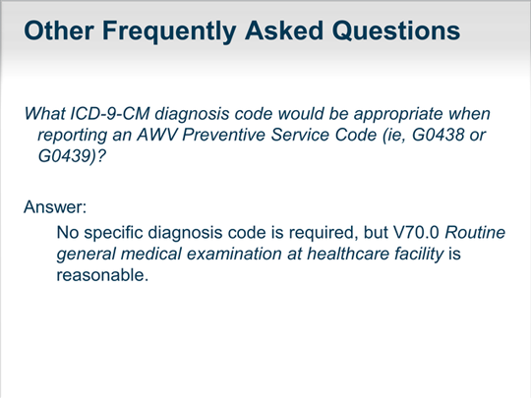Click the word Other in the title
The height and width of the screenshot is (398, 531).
(x=59, y=30)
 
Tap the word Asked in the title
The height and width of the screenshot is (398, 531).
(x=284, y=30)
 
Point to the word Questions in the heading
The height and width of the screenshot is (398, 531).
(x=396, y=30)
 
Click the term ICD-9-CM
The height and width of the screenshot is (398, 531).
(x=110, y=113)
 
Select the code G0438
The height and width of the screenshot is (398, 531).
(x=439, y=135)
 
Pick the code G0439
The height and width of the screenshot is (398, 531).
(x=64, y=156)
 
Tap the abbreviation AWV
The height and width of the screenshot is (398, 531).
(x=157, y=135)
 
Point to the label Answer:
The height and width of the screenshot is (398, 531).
(x=55, y=206)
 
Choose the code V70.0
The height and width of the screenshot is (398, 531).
(x=416, y=232)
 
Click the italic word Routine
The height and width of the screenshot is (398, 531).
(x=475, y=232)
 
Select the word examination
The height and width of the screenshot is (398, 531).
(x=234, y=254)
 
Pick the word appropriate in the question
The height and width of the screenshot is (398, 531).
(x=398, y=115)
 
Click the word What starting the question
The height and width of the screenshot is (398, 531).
(x=44, y=113)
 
